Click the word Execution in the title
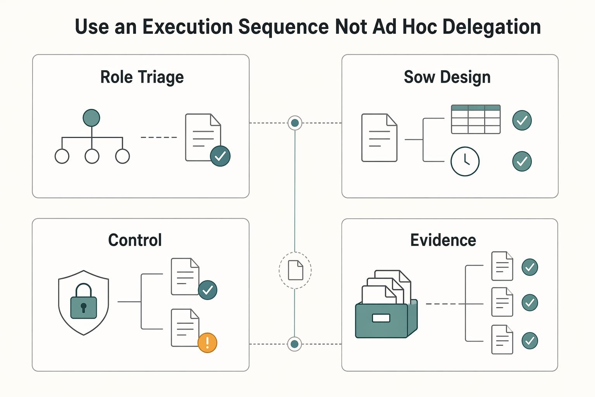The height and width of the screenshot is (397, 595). [187, 27]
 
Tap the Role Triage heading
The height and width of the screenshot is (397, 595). [142, 77]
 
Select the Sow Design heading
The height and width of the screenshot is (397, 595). [447, 77]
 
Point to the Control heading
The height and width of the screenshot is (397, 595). [135, 240]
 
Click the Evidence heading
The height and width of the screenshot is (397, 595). [443, 240]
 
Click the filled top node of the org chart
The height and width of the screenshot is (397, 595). [91, 117]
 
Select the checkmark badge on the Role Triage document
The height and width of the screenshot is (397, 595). [220, 156]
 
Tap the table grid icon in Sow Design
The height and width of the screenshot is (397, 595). [476, 119]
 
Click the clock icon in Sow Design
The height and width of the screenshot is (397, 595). [465, 161]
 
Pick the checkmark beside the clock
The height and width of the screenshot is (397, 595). [522, 161]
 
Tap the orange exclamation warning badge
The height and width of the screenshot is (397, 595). [208, 343]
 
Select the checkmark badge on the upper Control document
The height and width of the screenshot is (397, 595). [208, 290]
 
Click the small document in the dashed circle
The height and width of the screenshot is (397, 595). [296, 270]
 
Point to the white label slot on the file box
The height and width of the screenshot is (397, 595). [381, 318]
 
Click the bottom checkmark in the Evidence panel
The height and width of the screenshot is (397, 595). [530, 341]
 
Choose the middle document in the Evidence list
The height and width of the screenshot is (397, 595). [502, 302]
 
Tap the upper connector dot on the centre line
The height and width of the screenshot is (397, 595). [295, 123]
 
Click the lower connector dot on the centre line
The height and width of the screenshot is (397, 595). [294, 344]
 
